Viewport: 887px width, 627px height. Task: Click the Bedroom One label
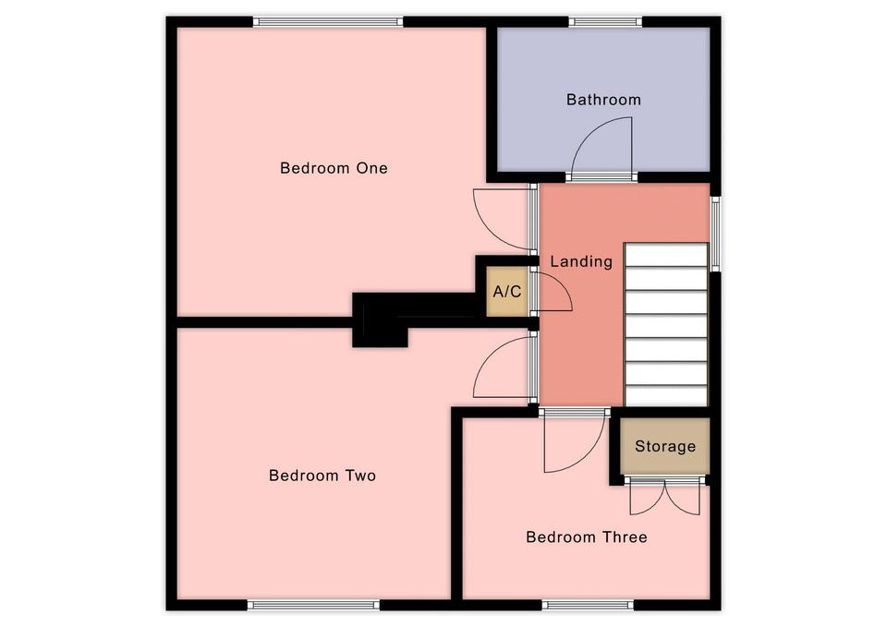click(x=334, y=168)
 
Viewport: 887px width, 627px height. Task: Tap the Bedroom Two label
click(x=322, y=476)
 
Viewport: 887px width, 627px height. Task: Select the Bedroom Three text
click(x=587, y=537)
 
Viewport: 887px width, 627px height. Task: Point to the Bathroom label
click(x=603, y=100)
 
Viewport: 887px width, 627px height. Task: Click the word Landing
click(x=581, y=261)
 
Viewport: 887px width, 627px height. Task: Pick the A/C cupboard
click(x=507, y=291)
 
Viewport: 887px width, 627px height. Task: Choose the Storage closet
click(x=664, y=446)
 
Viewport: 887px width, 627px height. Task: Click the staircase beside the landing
click(x=666, y=324)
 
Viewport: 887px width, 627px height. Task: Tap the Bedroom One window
click(x=328, y=22)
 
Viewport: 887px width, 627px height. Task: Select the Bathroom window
click(x=605, y=22)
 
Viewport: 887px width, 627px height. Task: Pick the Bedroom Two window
click(x=313, y=605)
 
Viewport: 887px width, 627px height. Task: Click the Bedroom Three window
click(x=588, y=605)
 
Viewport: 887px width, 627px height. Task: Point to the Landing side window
click(x=715, y=234)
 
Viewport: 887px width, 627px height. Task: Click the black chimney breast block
click(x=380, y=320)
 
